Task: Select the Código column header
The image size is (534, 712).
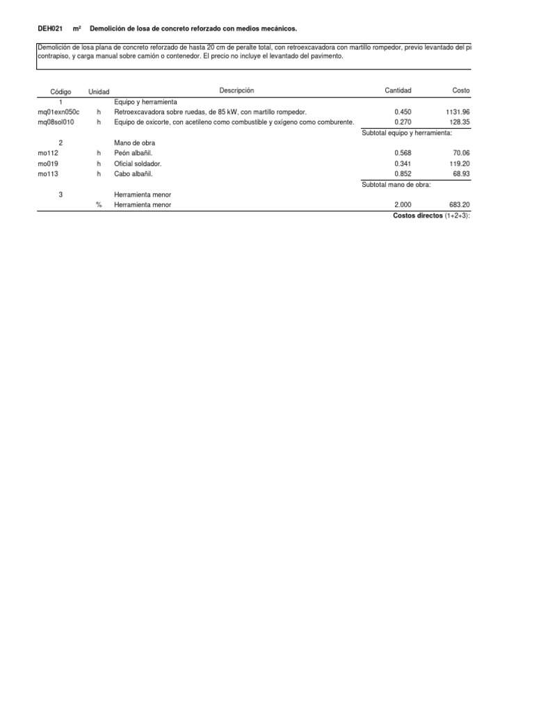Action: coord(61,92)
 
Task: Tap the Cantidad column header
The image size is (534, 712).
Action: coord(398,91)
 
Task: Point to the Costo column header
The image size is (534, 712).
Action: coord(460,91)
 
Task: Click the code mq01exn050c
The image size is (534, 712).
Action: coord(58,111)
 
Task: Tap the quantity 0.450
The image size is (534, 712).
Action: coord(402,111)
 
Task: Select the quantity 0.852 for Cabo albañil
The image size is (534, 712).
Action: coord(402,174)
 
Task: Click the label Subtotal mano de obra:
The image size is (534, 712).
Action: coord(396,184)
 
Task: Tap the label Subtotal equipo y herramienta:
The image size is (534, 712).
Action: coord(416,132)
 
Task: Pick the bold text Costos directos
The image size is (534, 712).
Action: coord(417,216)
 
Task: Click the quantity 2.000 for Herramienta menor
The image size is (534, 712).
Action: coord(402,205)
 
